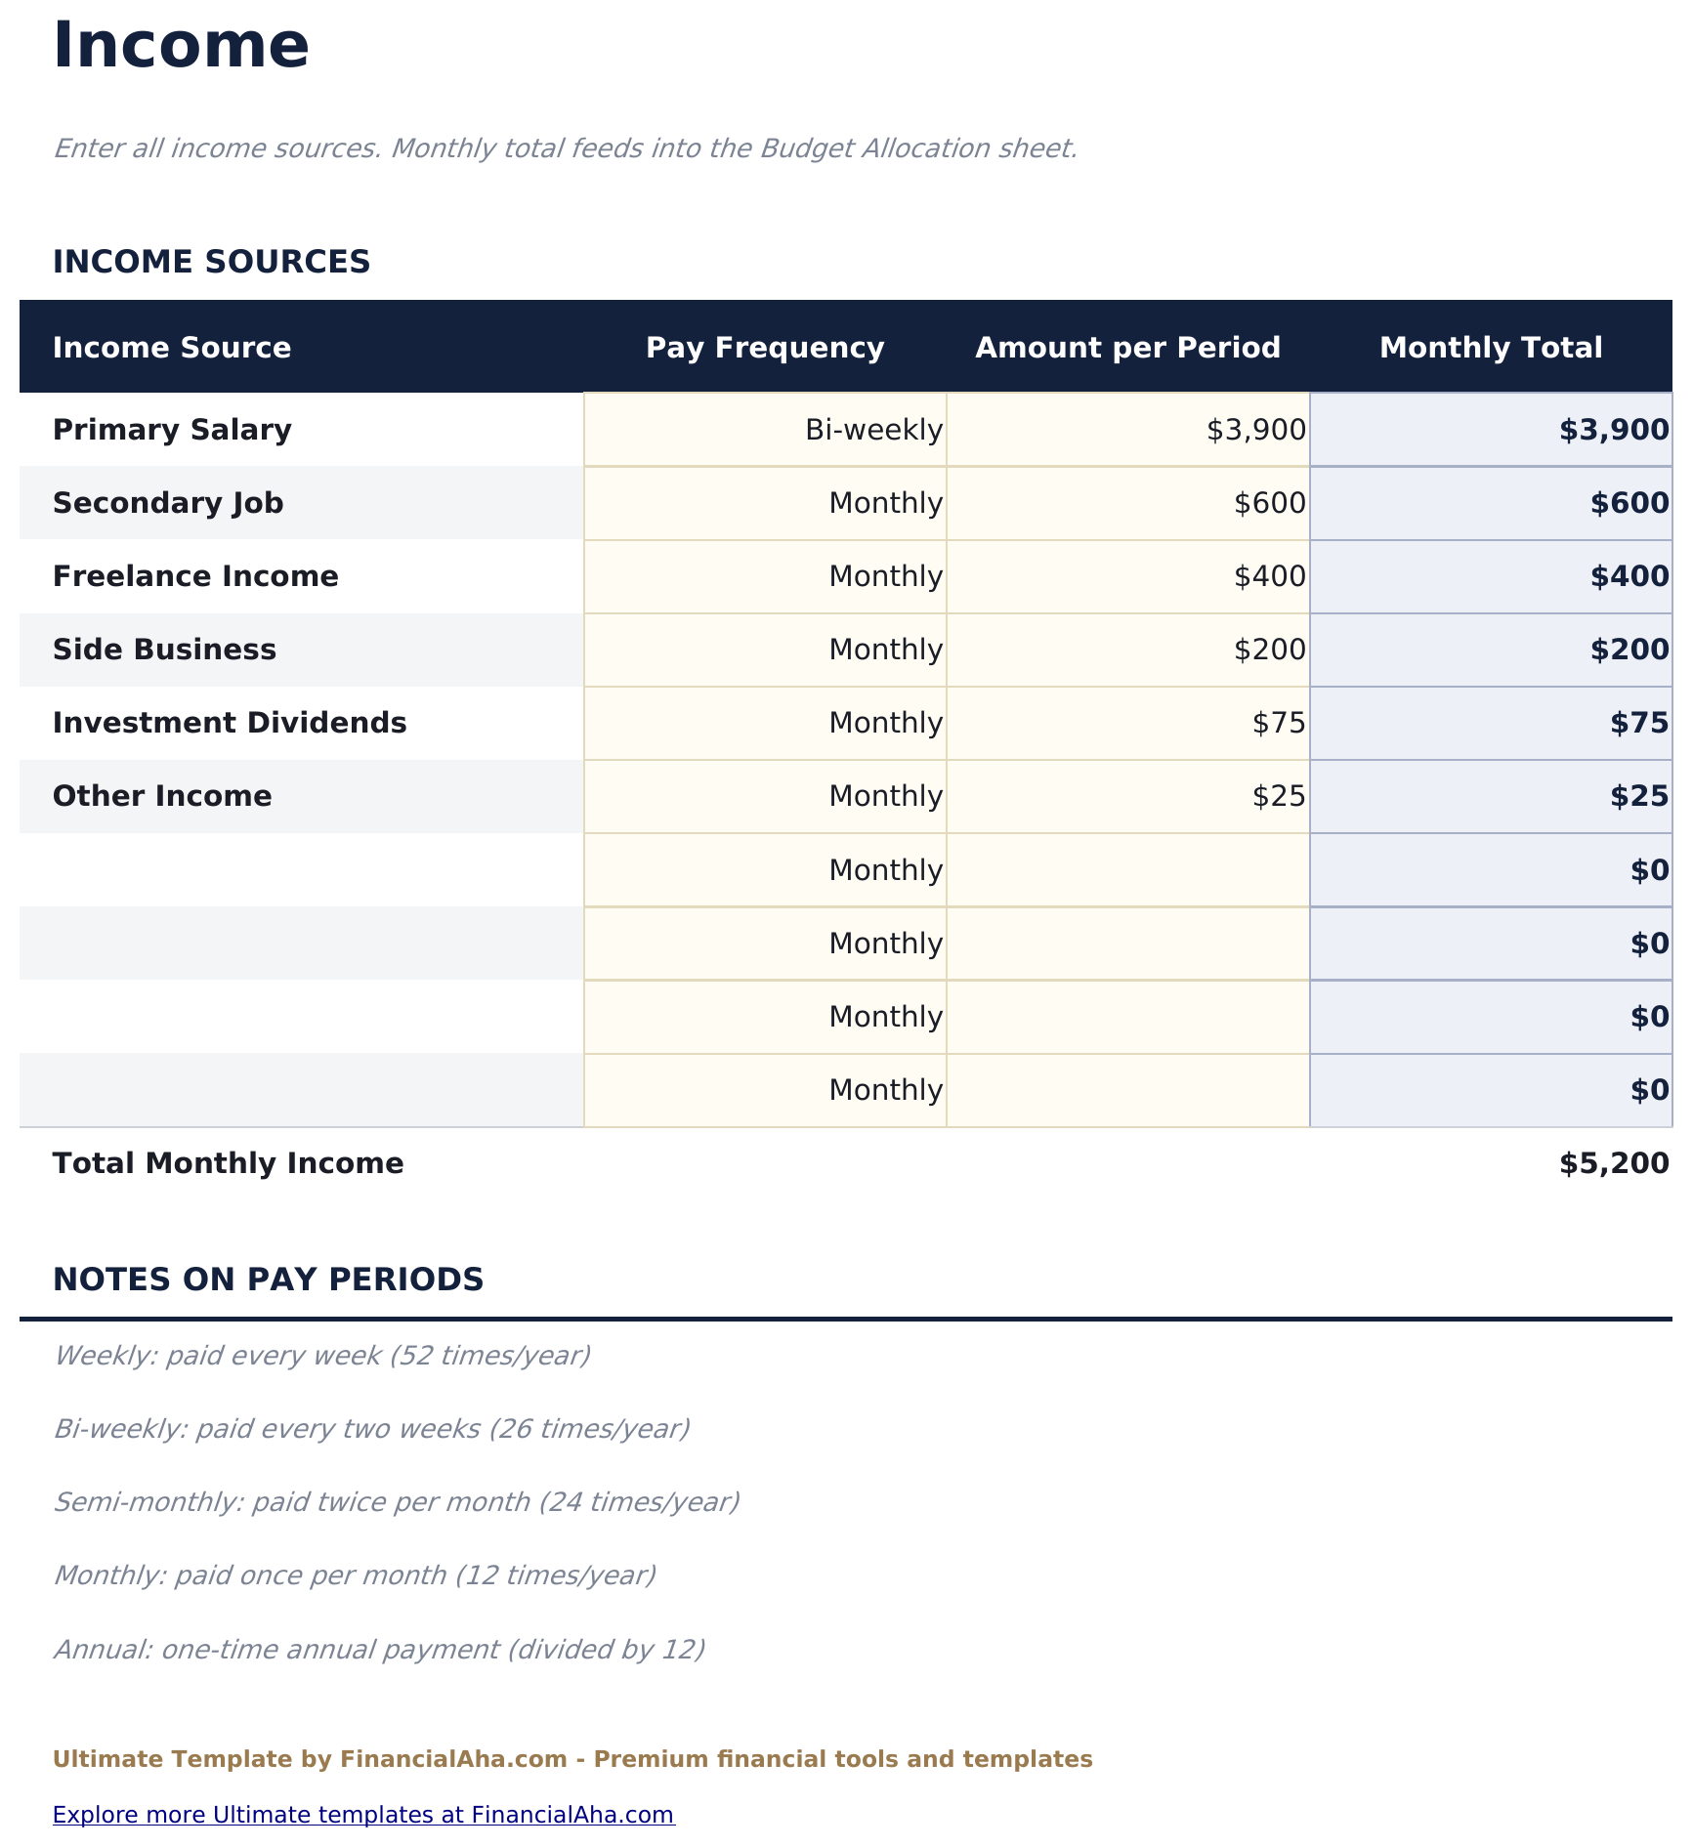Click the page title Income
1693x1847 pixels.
click(x=181, y=46)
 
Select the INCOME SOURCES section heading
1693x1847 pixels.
click(x=211, y=262)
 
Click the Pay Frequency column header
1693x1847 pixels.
click(x=765, y=348)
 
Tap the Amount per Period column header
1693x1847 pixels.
click(x=1127, y=348)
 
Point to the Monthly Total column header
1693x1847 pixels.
click(x=1491, y=348)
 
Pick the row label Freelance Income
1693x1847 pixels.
click(x=195, y=576)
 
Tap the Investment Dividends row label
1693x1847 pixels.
click(x=230, y=723)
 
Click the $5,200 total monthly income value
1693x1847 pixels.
click(x=1614, y=1163)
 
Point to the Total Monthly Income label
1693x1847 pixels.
click(x=228, y=1163)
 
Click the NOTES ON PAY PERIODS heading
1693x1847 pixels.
click(x=268, y=1280)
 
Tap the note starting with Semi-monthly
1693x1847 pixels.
click(x=396, y=1501)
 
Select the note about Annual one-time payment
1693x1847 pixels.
click(x=379, y=1649)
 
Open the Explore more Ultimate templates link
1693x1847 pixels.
click(x=363, y=1815)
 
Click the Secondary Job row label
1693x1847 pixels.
click(x=168, y=503)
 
